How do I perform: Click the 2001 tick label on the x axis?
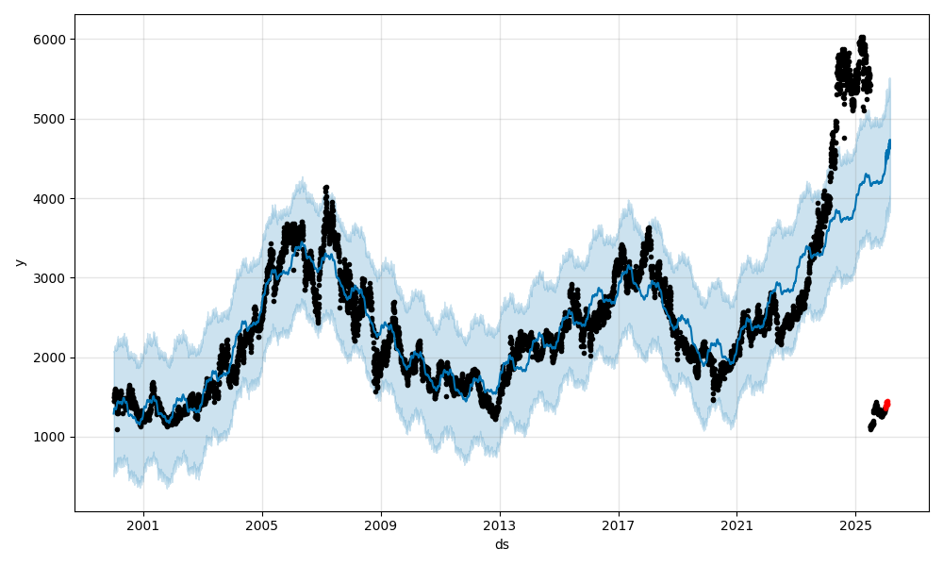click(x=143, y=525)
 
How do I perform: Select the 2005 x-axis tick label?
click(x=262, y=525)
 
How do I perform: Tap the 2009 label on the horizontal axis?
click(x=381, y=525)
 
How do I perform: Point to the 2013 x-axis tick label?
click(x=500, y=525)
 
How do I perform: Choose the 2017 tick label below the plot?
click(x=619, y=525)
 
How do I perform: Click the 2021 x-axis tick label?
click(x=737, y=525)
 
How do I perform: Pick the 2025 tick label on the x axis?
click(x=855, y=525)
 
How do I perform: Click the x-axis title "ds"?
click(x=502, y=544)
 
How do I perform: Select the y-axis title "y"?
click(x=20, y=262)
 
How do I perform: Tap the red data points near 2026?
click(x=886, y=404)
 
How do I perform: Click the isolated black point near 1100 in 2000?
click(x=117, y=429)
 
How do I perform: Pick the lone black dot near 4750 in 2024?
click(x=844, y=138)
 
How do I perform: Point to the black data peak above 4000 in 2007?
click(x=326, y=188)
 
